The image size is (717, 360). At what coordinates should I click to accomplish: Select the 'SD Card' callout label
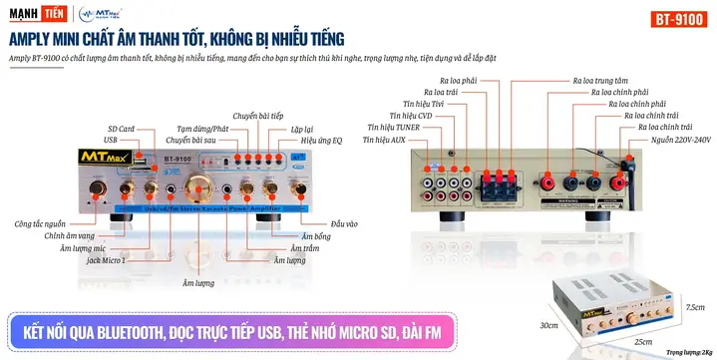120,129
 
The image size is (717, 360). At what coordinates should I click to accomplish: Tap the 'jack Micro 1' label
106,259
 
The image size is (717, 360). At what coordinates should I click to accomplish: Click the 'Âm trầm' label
303,248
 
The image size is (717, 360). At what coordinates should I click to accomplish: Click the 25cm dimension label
641,342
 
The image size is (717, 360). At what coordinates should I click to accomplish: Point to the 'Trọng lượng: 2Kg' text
689,352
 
